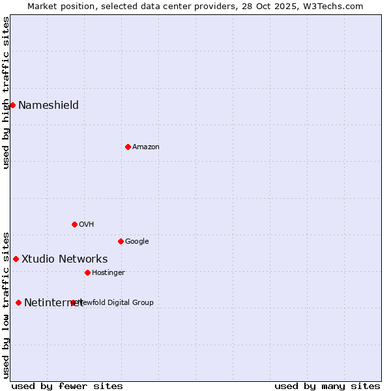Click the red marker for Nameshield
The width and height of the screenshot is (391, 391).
pyautogui.click(x=12, y=105)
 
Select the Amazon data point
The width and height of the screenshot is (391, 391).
pyautogui.click(x=128, y=147)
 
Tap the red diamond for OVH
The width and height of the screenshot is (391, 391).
pyautogui.click(x=74, y=224)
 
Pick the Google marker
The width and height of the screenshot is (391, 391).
pyautogui.click(x=121, y=241)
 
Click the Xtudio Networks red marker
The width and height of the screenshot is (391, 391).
pyautogui.click(x=16, y=259)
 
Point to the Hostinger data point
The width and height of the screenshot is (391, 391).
pyautogui.click(x=87, y=272)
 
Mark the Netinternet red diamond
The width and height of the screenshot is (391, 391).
pyautogui.click(x=18, y=302)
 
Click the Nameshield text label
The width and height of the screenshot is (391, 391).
pyautogui.click(x=48, y=105)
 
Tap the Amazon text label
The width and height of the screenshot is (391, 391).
pyautogui.click(x=146, y=147)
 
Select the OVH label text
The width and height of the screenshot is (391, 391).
pyautogui.click(x=87, y=224)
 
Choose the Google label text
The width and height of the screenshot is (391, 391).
pyautogui.click(x=137, y=241)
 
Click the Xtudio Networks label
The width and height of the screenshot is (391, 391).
pyautogui.click(x=65, y=259)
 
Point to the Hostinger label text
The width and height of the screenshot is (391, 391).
pyautogui.click(x=108, y=272)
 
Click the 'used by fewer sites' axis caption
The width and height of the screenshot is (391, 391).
pyautogui.click(x=67, y=386)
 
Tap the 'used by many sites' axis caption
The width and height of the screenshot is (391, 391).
pyautogui.click(x=327, y=386)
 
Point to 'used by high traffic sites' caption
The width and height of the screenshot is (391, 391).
pyautogui.click(x=7, y=93)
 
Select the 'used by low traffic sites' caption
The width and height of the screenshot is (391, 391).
pyautogui.click(x=7, y=304)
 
